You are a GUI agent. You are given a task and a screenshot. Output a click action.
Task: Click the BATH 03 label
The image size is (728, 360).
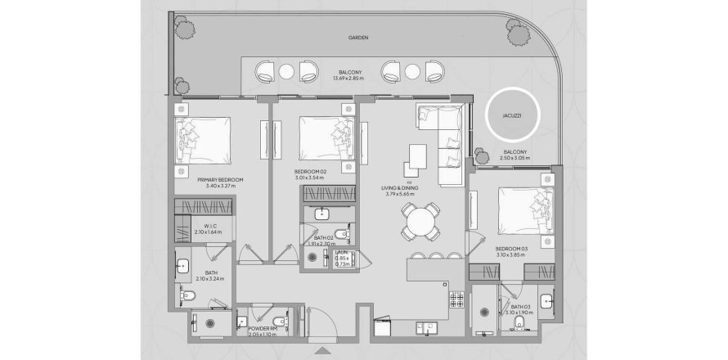tap(519, 307)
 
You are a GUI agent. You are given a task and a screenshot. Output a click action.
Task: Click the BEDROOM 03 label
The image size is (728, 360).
tap(514, 251)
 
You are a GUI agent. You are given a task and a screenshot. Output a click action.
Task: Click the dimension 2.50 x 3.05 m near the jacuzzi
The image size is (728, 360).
tap(516, 158)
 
